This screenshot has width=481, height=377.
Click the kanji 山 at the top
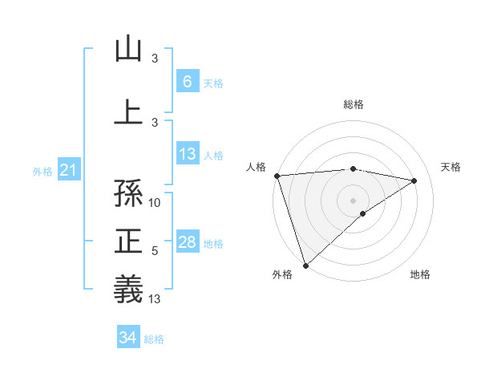coord(128,49)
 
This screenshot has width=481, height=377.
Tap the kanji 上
coord(128,111)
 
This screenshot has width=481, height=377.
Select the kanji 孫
coord(128,192)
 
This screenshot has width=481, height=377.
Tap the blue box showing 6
coord(187,81)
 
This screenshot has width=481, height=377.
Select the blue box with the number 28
coord(187,242)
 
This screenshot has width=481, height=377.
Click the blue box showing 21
coord(69,170)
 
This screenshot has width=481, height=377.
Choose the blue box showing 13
coord(187,154)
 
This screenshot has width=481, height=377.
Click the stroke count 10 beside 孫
coord(156,203)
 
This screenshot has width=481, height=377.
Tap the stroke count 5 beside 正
coord(155,251)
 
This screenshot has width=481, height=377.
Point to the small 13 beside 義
coord(156,299)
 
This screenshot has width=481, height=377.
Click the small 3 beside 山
coord(155,59)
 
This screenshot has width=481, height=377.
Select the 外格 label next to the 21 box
coord(42,171)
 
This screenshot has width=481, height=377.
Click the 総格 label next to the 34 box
coord(154,339)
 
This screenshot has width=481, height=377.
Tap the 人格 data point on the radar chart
coord(277,176)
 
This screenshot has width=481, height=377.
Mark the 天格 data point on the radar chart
coord(414,180)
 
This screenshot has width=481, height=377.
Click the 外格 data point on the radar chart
coord(305,264)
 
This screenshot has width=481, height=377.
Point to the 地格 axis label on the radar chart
coord(420,274)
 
